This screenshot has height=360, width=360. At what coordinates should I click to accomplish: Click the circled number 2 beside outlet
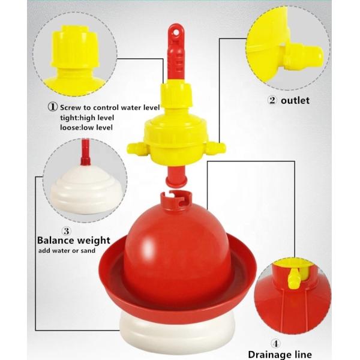pyautogui.click(x=272, y=101)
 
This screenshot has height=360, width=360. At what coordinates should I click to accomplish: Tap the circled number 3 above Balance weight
pyautogui.click(x=67, y=229)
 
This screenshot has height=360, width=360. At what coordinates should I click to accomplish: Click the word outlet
pyautogui.click(x=296, y=101)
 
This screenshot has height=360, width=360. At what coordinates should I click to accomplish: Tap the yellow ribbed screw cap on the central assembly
pyautogui.click(x=175, y=95)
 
